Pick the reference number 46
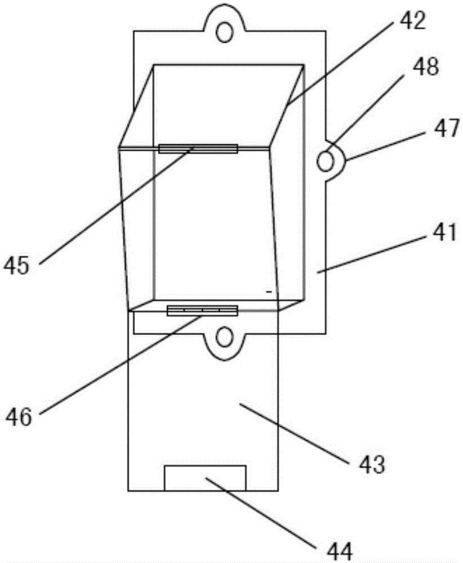tap(19, 417)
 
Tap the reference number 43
tap(372, 465)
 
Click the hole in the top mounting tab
tap(225, 31)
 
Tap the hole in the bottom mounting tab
tap(225, 337)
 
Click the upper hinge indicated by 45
tap(198, 149)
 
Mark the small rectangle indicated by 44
tap(204, 477)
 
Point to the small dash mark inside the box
tap(269, 292)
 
